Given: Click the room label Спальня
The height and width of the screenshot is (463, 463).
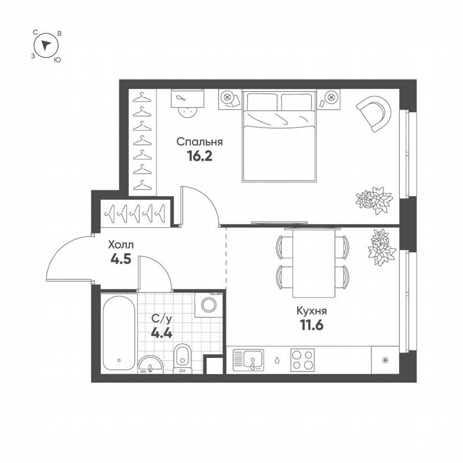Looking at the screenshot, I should coord(199,143).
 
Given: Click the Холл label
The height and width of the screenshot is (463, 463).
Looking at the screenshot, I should coord(121,245).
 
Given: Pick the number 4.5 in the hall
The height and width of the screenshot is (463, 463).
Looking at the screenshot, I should coord(121,259).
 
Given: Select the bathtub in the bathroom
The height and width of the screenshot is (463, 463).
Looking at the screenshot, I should coord(118,332).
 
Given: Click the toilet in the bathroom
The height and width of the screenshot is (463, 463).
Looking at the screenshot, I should coord(182,356).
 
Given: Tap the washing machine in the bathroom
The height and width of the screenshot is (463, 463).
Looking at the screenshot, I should coord(208,305).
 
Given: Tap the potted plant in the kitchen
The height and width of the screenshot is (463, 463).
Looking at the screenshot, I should coord(382,246).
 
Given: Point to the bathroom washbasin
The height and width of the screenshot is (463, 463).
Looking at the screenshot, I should coord(152,364).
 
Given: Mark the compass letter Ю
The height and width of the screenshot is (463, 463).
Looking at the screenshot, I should coord(57,61).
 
